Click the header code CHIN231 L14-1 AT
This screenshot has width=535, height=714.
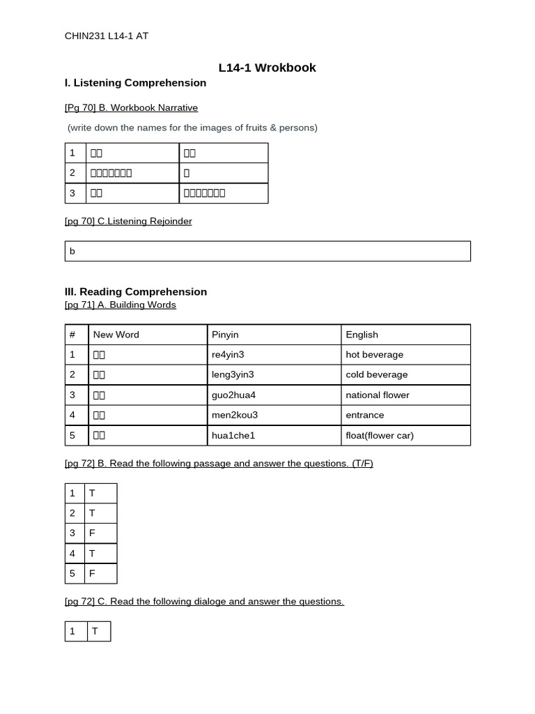(x=106, y=36)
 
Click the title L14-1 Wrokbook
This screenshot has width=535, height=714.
(x=267, y=68)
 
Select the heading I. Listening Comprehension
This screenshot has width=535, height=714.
(x=135, y=83)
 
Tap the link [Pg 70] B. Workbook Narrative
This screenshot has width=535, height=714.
(x=131, y=107)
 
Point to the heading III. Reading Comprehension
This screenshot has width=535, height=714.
(x=136, y=291)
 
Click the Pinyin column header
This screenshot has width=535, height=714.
(x=225, y=335)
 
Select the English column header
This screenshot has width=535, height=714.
(x=362, y=335)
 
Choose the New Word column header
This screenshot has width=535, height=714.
(x=116, y=335)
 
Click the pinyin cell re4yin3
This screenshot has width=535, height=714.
(x=228, y=354)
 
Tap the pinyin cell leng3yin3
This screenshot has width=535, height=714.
(x=233, y=374)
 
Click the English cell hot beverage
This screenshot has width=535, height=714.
(x=374, y=354)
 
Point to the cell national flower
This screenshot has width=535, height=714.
(x=377, y=395)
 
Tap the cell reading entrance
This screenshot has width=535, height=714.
(x=364, y=415)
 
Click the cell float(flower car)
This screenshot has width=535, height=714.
(x=379, y=435)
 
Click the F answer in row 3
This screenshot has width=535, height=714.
(x=92, y=533)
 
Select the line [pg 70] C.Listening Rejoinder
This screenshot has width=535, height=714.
(x=128, y=221)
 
